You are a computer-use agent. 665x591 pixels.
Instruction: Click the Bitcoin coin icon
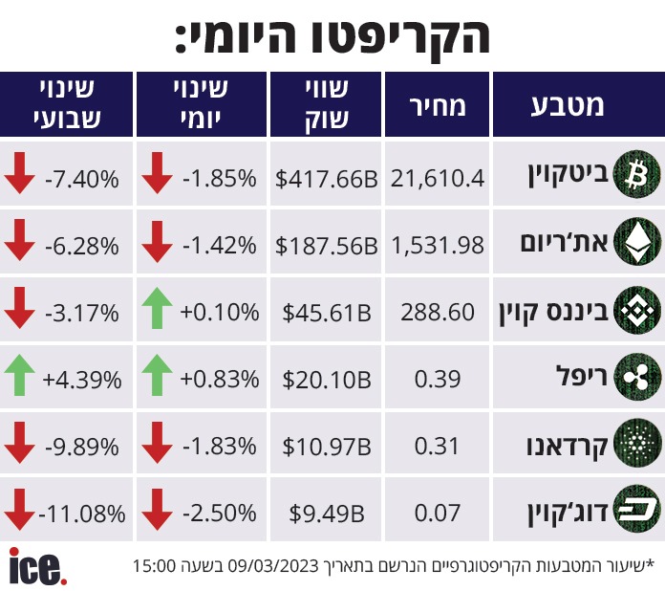click(x=636, y=174)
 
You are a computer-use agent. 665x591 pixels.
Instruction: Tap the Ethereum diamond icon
click(x=636, y=242)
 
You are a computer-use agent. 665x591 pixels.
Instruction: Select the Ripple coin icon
click(x=636, y=377)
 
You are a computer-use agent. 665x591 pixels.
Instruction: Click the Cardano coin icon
click(x=636, y=444)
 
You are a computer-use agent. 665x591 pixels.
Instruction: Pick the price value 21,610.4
click(x=438, y=178)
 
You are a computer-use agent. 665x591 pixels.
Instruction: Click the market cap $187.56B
click(x=326, y=246)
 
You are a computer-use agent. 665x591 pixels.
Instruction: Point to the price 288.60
click(x=438, y=312)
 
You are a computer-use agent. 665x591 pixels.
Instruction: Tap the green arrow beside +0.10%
click(x=157, y=308)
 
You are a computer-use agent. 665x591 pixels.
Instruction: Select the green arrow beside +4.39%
click(x=19, y=376)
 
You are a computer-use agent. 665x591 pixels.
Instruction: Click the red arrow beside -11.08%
click(x=19, y=509)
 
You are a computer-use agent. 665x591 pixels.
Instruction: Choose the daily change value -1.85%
click(x=220, y=178)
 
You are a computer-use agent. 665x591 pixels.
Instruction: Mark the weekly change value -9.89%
click(x=82, y=447)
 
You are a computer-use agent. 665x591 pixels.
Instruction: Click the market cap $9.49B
click(x=327, y=514)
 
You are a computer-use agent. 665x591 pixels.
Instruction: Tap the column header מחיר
click(x=438, y=106)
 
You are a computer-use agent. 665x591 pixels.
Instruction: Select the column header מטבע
click(x=568, y=105)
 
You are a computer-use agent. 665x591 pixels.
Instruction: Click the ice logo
click(x=38, y=566)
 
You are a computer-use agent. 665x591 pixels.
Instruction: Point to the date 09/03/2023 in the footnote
click(x=273, y=565)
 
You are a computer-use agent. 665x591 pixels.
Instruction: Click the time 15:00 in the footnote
click(x=155, y=565)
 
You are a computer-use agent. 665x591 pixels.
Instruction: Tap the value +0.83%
click(x=220, y=379)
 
